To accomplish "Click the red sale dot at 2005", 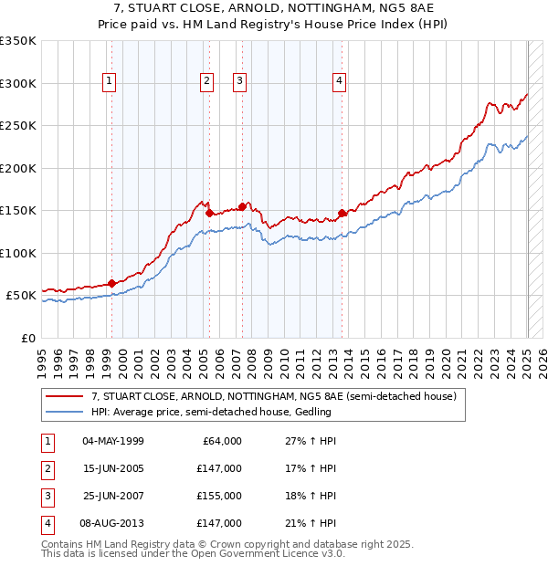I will [x=210, y=213].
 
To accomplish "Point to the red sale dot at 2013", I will [x=342, y=213].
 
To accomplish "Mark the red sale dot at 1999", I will [x=111, y=283].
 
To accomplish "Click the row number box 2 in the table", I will [x=45, y=467].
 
